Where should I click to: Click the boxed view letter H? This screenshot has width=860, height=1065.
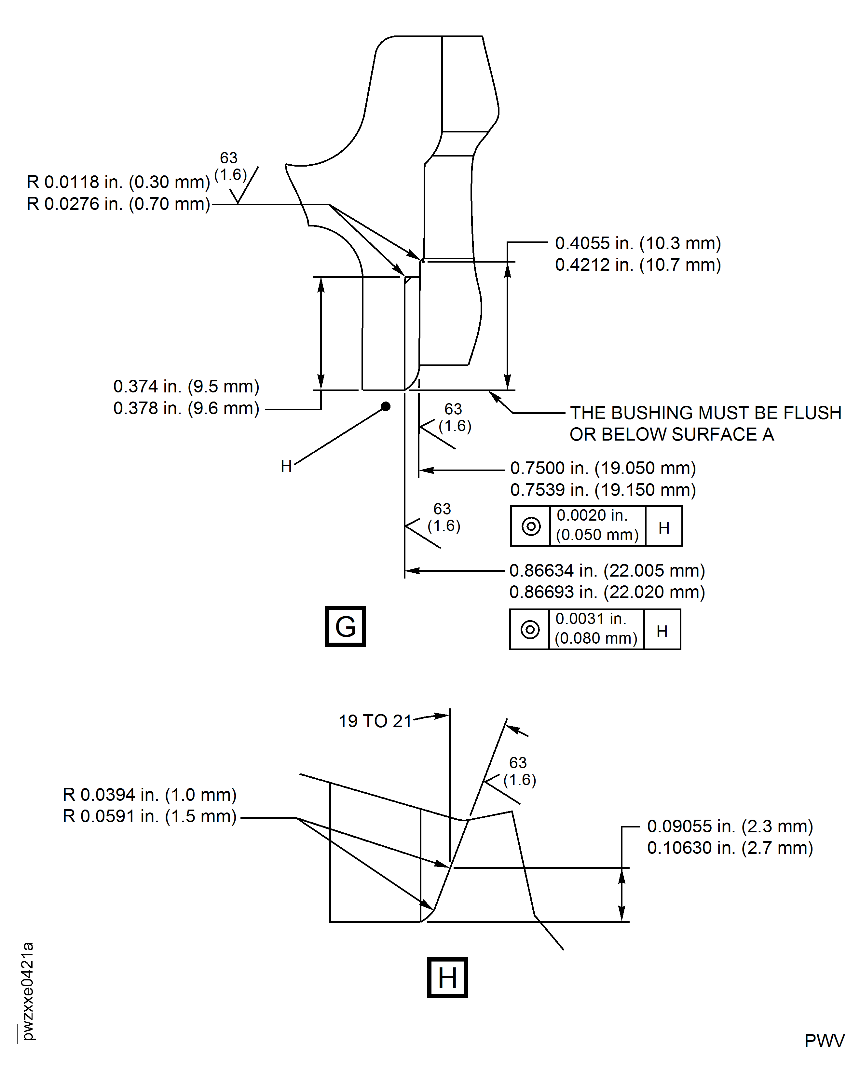tap(447, 978)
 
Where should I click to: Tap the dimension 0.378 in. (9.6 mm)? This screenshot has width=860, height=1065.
tap(186, 408)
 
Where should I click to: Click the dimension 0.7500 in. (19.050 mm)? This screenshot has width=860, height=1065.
tap(603, 468)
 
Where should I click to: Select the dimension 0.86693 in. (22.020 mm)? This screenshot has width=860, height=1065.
tap(607, 592)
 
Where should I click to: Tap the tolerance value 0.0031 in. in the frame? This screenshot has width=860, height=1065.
tap(591, 619)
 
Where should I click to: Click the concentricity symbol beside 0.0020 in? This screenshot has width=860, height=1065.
tap(531, 526)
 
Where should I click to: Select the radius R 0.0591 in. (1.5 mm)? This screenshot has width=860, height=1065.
tap(150, 816)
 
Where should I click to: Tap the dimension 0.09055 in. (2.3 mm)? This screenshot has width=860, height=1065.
tap(730, 826)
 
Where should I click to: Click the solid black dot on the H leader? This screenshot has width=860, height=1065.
tap(385, 407)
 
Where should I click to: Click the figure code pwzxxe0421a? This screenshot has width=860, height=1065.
tap(28, 991)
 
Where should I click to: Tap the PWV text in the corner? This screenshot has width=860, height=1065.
tap(824, 1041)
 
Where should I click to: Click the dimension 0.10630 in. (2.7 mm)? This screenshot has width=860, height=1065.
tap(730, 848)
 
